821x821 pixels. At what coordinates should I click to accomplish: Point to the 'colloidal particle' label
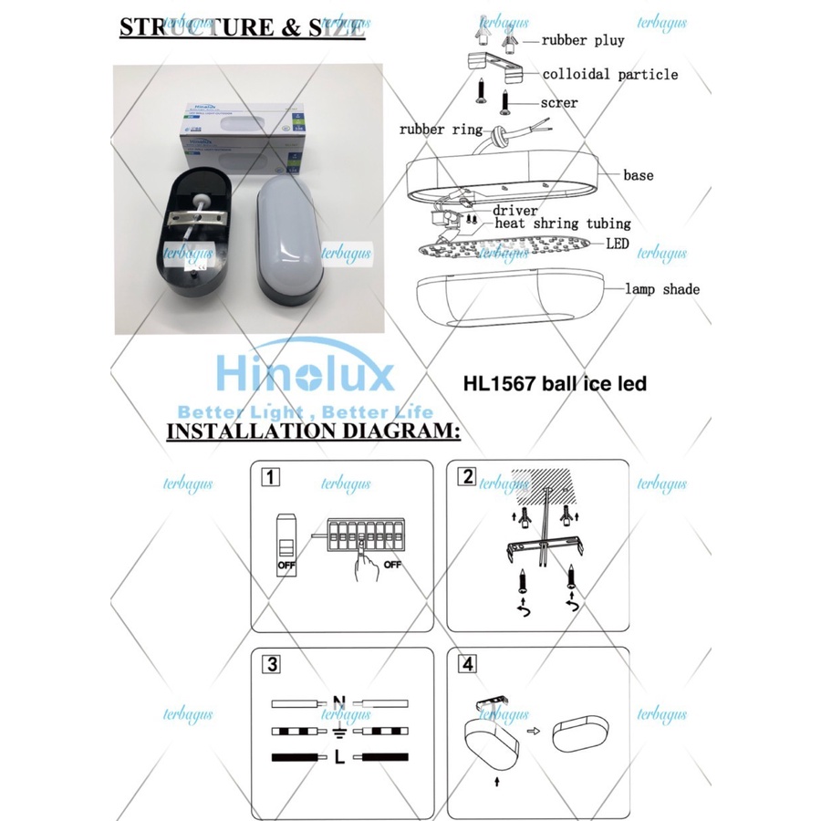(610, 74)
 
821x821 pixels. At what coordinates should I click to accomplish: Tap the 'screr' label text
(558, 103)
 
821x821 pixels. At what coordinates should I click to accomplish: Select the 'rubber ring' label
(441, 130)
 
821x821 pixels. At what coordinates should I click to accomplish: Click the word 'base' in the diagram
(638, 174)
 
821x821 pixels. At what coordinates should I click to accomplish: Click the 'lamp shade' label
(662, 289)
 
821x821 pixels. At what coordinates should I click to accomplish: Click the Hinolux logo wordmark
(305, 375)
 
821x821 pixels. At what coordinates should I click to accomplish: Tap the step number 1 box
(270, 477)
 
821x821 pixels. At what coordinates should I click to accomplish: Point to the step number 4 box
(468, 664)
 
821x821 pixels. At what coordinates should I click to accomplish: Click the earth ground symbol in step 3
(339, 731)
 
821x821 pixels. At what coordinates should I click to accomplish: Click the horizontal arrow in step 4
(534, 730)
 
